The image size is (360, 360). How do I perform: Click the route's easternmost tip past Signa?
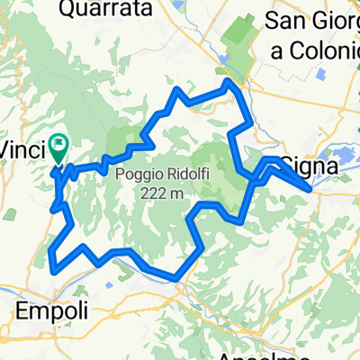(311, 189)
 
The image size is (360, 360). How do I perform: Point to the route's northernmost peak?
(230, 82)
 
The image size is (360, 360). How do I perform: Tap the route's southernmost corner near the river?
(178, 276)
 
